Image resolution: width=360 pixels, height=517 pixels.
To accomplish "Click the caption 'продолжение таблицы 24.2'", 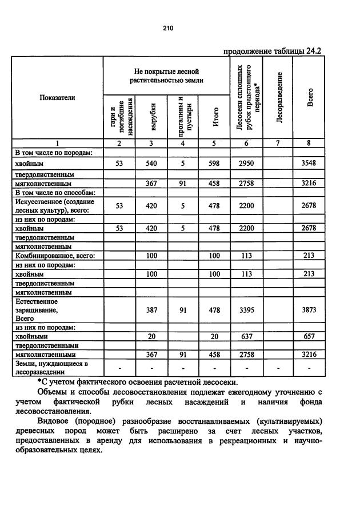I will click(272, 50).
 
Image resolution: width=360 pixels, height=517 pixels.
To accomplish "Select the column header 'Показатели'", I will click(57, 98).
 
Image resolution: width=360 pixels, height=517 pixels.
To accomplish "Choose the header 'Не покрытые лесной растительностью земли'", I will click(166, 76).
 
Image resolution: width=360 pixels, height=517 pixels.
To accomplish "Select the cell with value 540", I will click(152, 164).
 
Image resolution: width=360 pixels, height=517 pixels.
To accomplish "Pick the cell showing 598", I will click(214, 164).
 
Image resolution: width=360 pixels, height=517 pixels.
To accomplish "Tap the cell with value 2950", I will click(246, 164).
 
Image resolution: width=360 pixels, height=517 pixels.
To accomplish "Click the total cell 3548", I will click(309, 164).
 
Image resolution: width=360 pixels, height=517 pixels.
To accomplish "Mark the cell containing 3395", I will click(246, 310).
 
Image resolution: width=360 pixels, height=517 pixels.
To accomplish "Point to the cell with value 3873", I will click(309, 310).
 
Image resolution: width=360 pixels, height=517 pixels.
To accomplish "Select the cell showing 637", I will click(246, 337).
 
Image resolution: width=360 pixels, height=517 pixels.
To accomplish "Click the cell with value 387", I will click(152, 310).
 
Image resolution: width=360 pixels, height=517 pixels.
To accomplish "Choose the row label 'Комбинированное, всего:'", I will click(55, 256).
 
